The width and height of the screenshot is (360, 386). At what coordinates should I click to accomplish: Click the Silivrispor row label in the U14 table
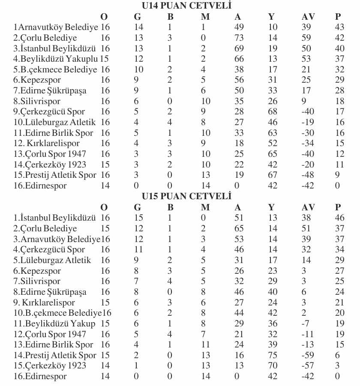click(x=37, y=101)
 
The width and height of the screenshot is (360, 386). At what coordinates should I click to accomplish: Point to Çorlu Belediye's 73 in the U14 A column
click(x=239, y=38)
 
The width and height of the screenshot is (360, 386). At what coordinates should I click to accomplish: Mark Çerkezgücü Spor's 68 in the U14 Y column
click(x=273, y=111)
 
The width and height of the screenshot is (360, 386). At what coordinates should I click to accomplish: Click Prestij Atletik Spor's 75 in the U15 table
click(x=273, y=355)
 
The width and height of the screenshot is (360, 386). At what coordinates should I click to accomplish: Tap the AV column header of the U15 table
click(x=309, y=207)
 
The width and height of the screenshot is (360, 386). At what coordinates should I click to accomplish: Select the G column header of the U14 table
click(x=138, y=17)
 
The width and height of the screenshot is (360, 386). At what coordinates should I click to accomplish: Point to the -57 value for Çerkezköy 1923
click(x=307, y=365)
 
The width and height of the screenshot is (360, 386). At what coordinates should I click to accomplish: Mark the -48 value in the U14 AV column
click(x=307, y=175)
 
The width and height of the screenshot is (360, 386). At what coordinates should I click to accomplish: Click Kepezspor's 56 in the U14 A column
click(x=239, y=80)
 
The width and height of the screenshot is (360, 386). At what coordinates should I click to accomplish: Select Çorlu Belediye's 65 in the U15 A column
click(x=239, y=228)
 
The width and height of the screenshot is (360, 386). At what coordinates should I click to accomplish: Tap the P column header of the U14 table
click(x=339, y=17)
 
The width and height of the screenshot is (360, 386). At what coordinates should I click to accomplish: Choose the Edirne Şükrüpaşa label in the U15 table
click(x=50, y=292)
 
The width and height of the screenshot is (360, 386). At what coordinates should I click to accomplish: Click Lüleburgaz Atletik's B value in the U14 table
click(x=170, y=122)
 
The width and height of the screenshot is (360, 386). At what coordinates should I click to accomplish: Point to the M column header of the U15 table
click(x=206, y=207)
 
